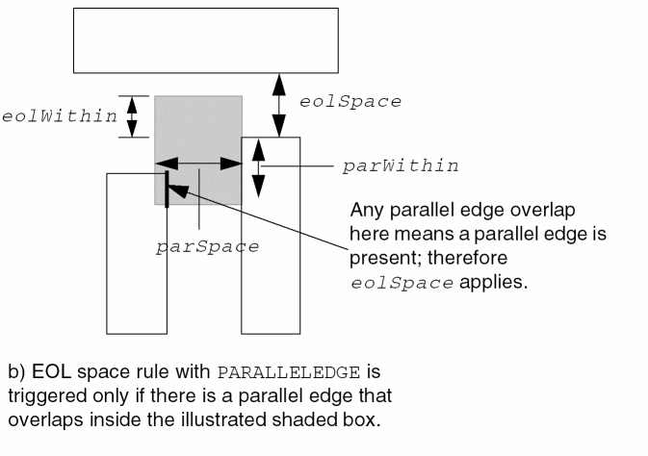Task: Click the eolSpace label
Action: (350, 102)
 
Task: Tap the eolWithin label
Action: (59, 115)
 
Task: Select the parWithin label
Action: (400, 165)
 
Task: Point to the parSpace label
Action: (207, 246)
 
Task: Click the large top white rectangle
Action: (206, 40)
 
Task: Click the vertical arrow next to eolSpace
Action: (279, 106)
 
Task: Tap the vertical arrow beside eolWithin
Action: (133, 116)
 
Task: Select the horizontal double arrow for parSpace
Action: (198, 165)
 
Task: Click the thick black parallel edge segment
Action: (168, 188)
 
